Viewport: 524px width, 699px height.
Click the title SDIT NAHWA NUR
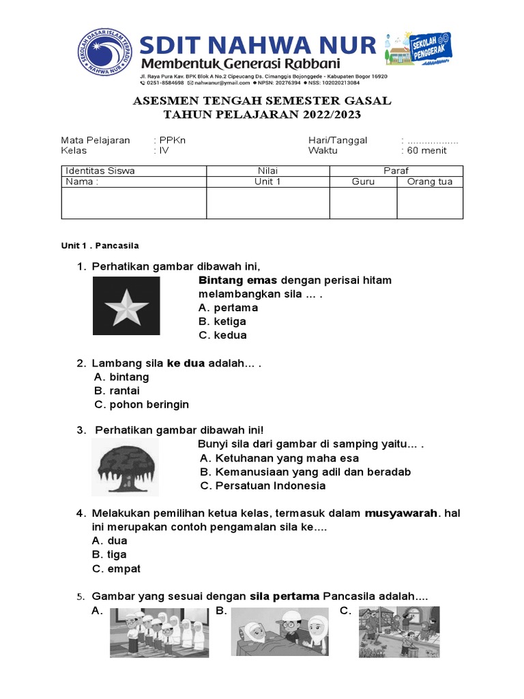(258, 46)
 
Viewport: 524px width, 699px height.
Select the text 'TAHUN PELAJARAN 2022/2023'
(262, 115)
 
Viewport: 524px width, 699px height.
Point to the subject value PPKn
(173, 140)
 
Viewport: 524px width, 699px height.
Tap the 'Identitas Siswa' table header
(100, 171)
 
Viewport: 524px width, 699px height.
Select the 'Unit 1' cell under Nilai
(267, 182)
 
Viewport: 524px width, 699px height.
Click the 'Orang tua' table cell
(430, 182)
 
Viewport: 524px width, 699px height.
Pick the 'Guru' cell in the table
(363, 182)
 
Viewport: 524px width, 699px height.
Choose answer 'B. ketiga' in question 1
(222, 322)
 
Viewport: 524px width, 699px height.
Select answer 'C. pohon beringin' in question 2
(141, 404)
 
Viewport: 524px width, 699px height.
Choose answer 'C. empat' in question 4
(116, 569)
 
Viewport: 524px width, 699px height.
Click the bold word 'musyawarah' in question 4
(401, 513)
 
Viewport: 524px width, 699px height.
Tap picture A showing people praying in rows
(158, 632)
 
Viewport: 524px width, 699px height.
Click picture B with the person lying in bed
(281, 632)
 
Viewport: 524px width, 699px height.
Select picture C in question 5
(399, 632)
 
